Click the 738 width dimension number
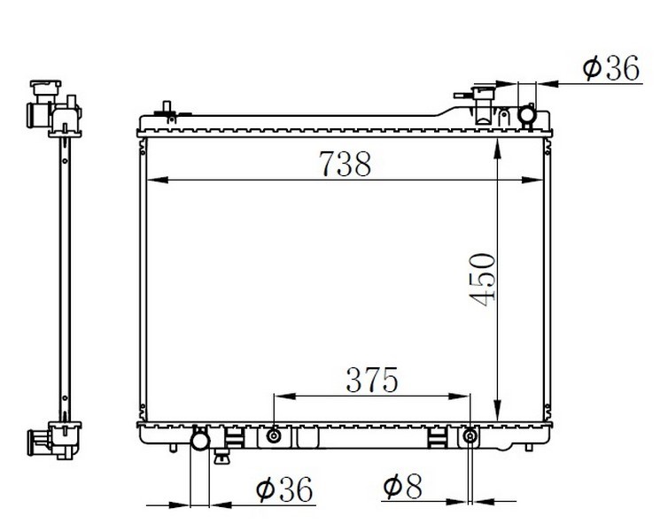coord(346,164)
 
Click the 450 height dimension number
coord(483,279)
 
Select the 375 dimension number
coord(372,380)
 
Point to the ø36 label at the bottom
coord(284,489)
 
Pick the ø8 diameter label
coord(402,486)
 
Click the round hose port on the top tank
coord(527,114)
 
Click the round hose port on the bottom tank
coord(200,440)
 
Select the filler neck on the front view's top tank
coord(484,104)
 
